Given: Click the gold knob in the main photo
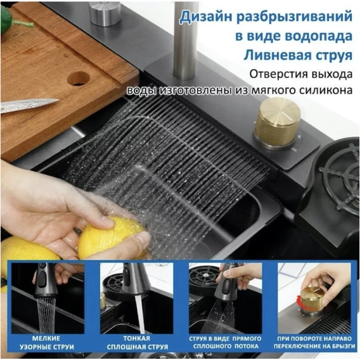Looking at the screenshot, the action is tap(277, 124).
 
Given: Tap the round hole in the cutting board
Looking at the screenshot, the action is tap(78, 79).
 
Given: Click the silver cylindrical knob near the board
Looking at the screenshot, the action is tap(105, 13).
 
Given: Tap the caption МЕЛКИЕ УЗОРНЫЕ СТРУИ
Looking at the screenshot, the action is tap(47, 342).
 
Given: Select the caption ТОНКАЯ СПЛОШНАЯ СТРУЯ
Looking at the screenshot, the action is tap(137, 342).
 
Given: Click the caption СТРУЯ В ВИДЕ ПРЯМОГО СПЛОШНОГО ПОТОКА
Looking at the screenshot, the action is tap(225, 342).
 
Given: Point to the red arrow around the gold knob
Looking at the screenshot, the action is tap(299, 302).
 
